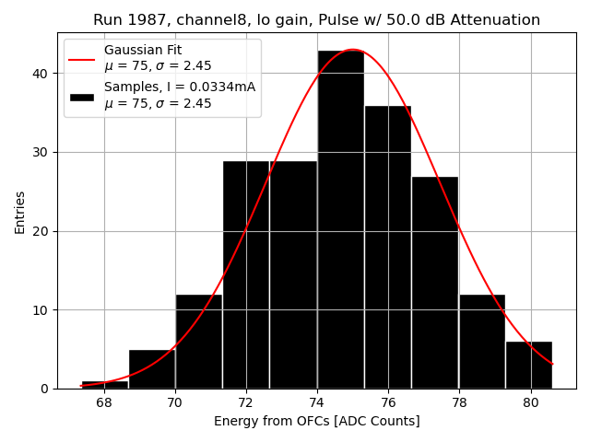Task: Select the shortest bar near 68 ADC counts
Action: [104, 384]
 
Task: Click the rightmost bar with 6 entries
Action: [529, 365]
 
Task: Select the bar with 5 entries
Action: [151, 368]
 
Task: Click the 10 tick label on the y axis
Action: [42, 310]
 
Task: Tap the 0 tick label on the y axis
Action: [45, 389]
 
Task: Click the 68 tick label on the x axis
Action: [104, 402]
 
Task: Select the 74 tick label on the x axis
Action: [317, 402]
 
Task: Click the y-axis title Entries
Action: [20, 212]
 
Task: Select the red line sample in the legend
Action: [82, 58]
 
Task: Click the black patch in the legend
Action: [82, 96]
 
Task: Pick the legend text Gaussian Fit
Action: [142, 50]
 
